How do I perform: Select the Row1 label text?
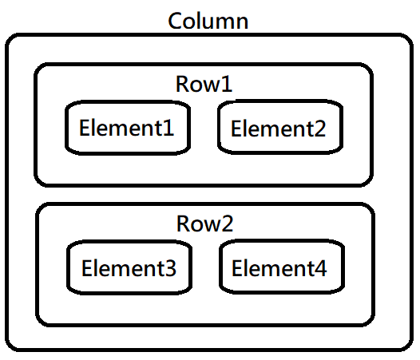coord(204,84)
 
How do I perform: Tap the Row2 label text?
coord(204,224)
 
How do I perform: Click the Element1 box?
coord(127,127)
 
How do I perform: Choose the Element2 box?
coord(279,127)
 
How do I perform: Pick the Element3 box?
coord(129,267)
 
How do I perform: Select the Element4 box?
coord(279,267)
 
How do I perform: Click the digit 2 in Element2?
coord(319,128)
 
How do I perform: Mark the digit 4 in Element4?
coord(319,268)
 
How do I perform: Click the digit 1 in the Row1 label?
coord(227,84)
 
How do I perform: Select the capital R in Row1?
coord(183,84)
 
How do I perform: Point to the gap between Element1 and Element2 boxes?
coord(204,127)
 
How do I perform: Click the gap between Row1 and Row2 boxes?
coord(204,194)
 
